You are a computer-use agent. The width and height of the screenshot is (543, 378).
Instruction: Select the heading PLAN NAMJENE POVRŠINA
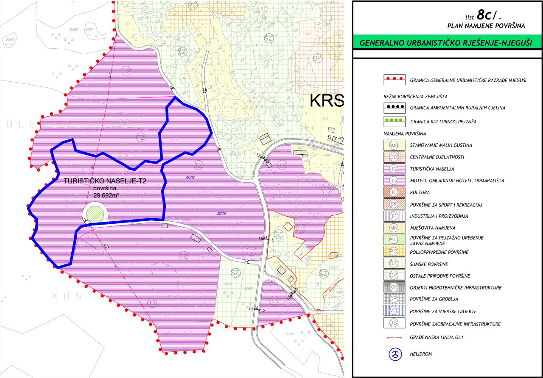[x=486, y=26]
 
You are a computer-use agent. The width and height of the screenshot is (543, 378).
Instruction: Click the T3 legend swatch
[x=394, y=181]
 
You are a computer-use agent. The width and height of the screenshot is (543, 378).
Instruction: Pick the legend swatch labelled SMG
[x=394, y=145]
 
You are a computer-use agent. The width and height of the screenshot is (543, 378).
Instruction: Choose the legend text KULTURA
[x=420, y=193]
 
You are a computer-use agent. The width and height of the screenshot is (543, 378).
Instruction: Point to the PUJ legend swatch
[x=394, y=240]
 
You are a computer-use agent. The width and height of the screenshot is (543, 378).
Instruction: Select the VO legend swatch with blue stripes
[x=394, y=311]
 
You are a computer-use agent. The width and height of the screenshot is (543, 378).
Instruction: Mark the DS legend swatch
[x=394, y=323]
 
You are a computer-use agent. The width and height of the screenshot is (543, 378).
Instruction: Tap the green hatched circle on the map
[x=95, y=212]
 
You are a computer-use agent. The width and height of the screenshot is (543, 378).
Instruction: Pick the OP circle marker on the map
[x=317, y=58]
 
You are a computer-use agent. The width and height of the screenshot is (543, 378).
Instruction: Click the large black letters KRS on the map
[x=327, y=101]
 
